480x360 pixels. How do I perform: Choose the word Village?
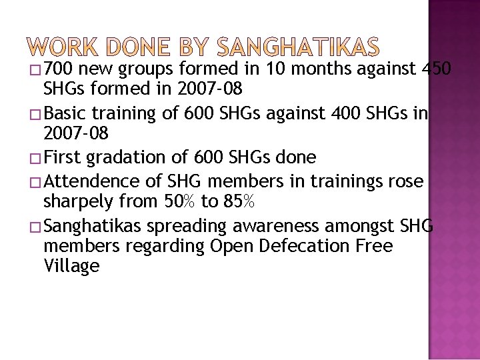tap(71, 266)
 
